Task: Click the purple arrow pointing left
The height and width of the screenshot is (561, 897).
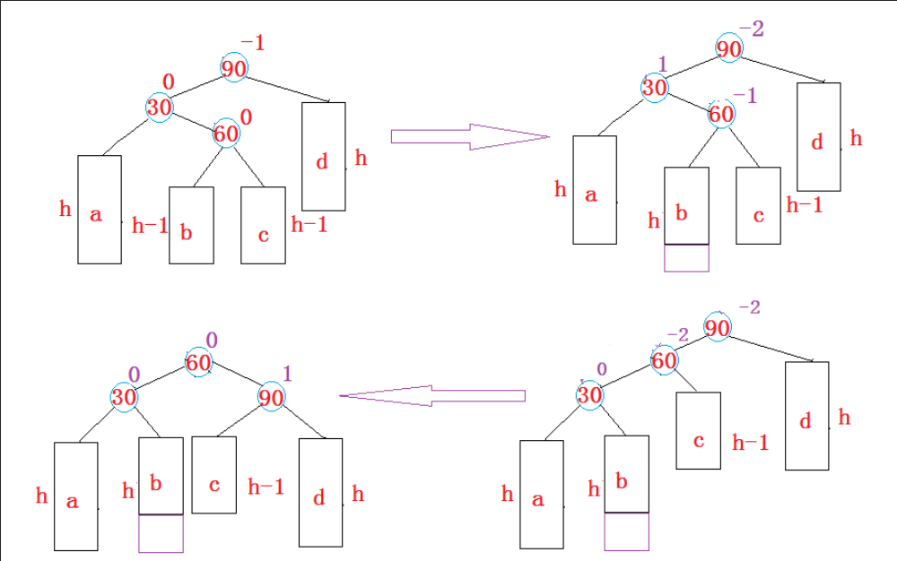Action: (x=431, y=395)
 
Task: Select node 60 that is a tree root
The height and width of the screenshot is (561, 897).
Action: (x=198, y=362)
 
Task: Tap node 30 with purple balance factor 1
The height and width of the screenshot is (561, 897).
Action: (x=655, y=88)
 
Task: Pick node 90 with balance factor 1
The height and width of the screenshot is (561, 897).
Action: (x=271, y=397)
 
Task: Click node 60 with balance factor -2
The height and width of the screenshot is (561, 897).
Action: (x=664, y=361)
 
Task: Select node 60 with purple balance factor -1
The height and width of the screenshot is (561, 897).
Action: (x=721, y=114)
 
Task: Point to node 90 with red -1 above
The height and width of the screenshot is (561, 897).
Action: (x=234, y=68)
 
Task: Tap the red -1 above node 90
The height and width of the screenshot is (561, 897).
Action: (x=253, y=42)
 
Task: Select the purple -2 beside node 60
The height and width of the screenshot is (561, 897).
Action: (x=677, y=335)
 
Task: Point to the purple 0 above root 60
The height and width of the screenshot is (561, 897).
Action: (x=212, y=340)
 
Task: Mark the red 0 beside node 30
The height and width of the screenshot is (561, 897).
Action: (x=168, y=82)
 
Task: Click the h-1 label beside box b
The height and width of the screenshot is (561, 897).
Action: (x=150, y=226)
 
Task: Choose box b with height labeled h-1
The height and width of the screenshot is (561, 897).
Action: (x=191, y=225)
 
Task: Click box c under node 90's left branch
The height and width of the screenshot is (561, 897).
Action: (x=214, y=474)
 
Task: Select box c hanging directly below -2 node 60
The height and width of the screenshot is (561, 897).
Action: (x=698, y=430)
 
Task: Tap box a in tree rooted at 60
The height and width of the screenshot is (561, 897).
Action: (x=75, y=496)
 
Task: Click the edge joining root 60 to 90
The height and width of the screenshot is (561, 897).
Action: (x=235, y=379)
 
